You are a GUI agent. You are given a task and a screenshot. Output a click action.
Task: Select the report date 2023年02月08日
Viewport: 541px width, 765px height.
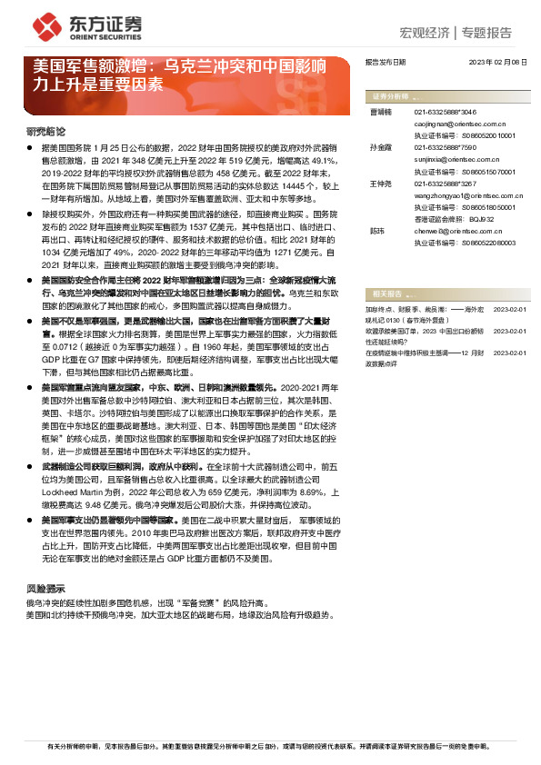point(497,62)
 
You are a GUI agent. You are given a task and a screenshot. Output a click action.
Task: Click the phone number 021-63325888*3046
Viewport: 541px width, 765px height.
point(446,111)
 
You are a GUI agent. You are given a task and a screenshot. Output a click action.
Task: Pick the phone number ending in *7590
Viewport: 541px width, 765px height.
point(446,145)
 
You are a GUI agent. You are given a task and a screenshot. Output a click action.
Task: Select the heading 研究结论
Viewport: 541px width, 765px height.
point(45,132)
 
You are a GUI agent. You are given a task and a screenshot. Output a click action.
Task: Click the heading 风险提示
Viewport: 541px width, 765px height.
point(45,588)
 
